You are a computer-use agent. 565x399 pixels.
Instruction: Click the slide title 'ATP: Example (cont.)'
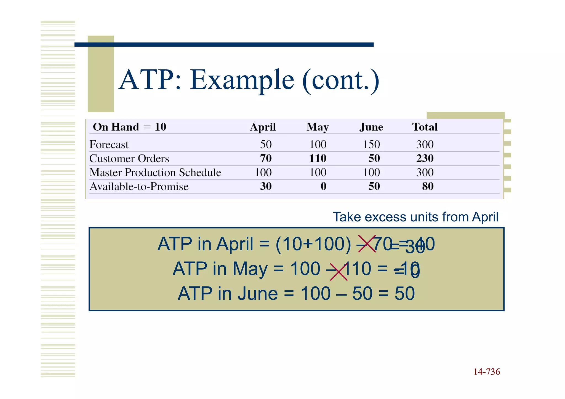click(x=249, y=80)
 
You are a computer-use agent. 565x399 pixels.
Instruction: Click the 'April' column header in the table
click(x=263, y=127)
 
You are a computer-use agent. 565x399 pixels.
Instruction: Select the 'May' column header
click(x=318, y=127)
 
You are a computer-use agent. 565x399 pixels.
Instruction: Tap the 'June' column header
click(x=371, y=127)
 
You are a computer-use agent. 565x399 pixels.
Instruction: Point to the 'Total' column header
click(x=425, y=127)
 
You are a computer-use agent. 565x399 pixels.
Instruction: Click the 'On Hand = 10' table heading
click(x=130, y=127)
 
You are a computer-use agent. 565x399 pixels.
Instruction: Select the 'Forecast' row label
click(x=109, y=144)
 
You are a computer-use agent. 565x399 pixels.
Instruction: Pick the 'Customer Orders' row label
click(x=129, y=159)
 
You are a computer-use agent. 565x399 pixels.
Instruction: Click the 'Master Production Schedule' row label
click(x=155, y=172)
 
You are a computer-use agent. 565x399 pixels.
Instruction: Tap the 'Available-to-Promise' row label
click(x=139, y=186)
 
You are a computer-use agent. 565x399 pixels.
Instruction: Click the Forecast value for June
click(x=371, y=144)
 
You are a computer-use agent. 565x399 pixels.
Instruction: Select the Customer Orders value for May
click(x=318, y=158)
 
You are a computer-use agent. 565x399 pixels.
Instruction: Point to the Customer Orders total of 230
click(x=425, y=158)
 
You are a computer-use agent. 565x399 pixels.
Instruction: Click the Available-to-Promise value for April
click(x=266, y=186)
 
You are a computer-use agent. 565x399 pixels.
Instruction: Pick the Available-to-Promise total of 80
click(x=428, y=186)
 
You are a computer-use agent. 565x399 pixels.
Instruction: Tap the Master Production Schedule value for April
click(x=263, y=172)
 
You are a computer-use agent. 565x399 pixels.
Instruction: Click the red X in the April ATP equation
click(x=367, y=244)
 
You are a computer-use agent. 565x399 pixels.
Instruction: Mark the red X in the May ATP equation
click(x=339, y=272)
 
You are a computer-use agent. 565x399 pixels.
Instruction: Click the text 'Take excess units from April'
click(x=415, y=217)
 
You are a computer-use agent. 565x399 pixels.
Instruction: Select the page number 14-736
click(x=487, y=372)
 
